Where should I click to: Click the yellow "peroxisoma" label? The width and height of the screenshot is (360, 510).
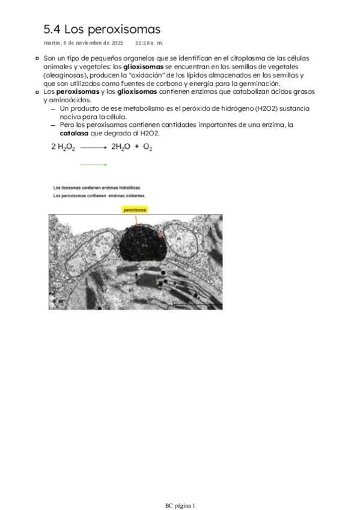coord(135,210)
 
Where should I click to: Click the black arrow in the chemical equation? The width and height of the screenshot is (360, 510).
coord(93,147)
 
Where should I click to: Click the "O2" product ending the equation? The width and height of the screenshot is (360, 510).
coord(147,147)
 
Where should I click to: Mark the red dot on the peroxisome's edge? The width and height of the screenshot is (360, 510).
coord(160,236)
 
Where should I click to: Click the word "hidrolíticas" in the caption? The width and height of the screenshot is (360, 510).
coord(128,188)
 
